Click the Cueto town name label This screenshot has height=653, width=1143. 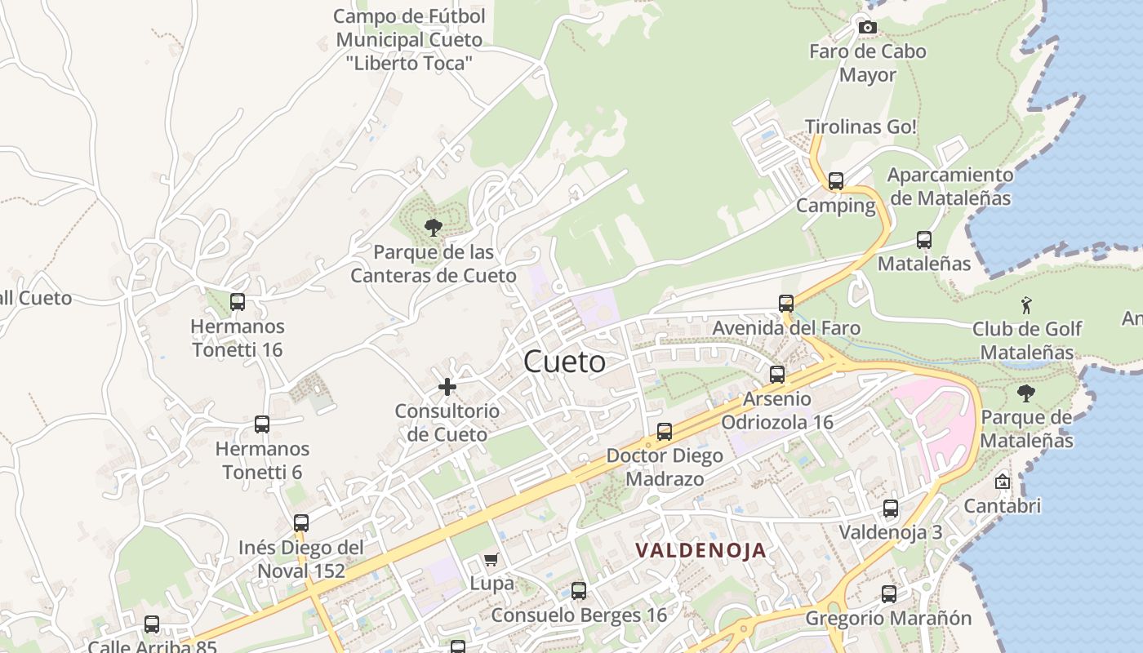pos(564,362)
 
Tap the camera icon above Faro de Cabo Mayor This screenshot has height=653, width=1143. pos(868,28)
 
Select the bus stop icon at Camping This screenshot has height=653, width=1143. pos(835,181)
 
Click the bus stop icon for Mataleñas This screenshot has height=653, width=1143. pos(924,240)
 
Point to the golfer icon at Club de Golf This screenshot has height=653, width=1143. pos(1027,305)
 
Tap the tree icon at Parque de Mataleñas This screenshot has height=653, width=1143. pos(1026,393)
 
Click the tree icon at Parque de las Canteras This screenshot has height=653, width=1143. pos(434,228)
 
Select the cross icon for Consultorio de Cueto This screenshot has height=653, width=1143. pos(447,387)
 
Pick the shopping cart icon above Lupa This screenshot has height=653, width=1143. pos(491,560)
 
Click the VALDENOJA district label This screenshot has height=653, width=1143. pos(701,550)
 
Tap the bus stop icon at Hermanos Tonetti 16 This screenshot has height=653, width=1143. pos(238,302)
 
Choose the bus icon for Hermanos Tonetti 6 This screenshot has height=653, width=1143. pos(262,424)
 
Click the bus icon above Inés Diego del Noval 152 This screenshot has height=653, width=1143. pos(301,523)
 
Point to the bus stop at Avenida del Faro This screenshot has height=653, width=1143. pos(786,304)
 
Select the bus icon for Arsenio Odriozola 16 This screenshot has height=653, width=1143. pos(777,375)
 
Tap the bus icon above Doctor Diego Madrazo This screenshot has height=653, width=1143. pos(665,432)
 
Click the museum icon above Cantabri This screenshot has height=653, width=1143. pos(1003,482)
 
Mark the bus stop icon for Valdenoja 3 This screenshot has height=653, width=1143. pos(891,509)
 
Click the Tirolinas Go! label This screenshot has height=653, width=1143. pos(861,127)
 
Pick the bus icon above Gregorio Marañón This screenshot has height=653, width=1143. pos(889,594)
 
